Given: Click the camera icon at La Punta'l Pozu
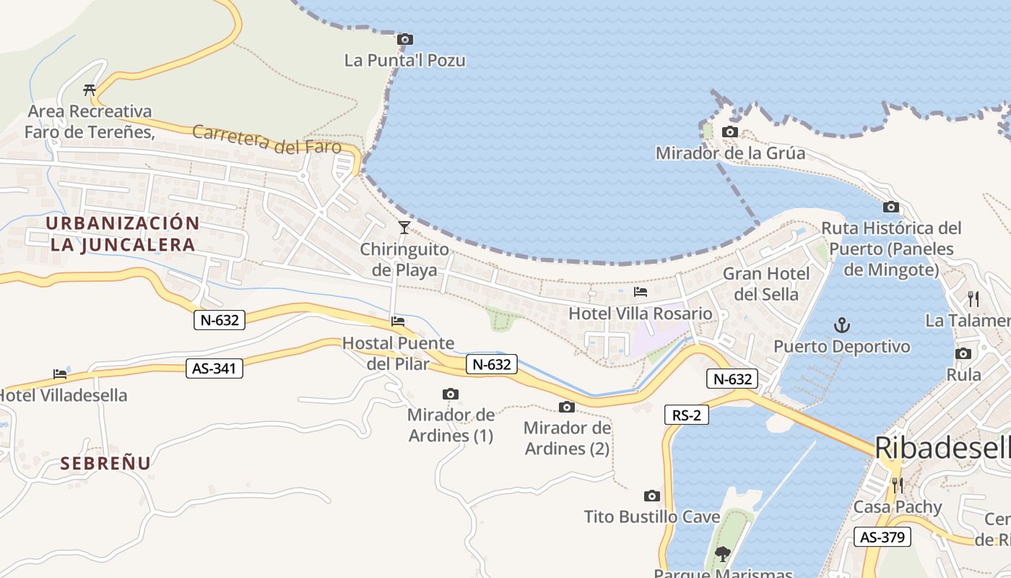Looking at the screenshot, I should pos(405,39).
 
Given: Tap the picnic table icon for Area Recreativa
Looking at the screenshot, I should pos(90,90).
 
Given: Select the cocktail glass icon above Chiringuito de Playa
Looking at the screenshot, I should pos(404,228).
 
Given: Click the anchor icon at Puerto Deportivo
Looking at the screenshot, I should pos(842,325).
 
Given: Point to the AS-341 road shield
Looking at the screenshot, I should pos(214,368).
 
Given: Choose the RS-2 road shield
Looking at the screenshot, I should pos(686,415).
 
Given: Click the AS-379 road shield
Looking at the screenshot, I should pos(882,537).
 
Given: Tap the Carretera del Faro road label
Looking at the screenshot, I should pos(266,139).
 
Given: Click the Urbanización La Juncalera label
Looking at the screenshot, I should pos(123,233).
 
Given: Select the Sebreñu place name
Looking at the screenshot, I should pos(105,463).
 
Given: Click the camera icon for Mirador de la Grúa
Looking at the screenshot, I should pos(730,132).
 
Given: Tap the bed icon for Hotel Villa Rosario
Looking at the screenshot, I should pos(640,292).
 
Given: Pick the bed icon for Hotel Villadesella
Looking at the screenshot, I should pos(60,374).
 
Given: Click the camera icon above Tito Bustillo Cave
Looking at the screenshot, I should pos(651,496).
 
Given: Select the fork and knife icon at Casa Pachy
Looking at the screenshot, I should pos(897,485).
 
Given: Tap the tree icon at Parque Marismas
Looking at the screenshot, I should pos(721,554).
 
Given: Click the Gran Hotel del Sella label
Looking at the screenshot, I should pos(766,284).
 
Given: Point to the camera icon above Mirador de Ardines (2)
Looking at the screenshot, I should pos(567,407).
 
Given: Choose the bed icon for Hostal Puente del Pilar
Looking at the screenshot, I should pos(397,321).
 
